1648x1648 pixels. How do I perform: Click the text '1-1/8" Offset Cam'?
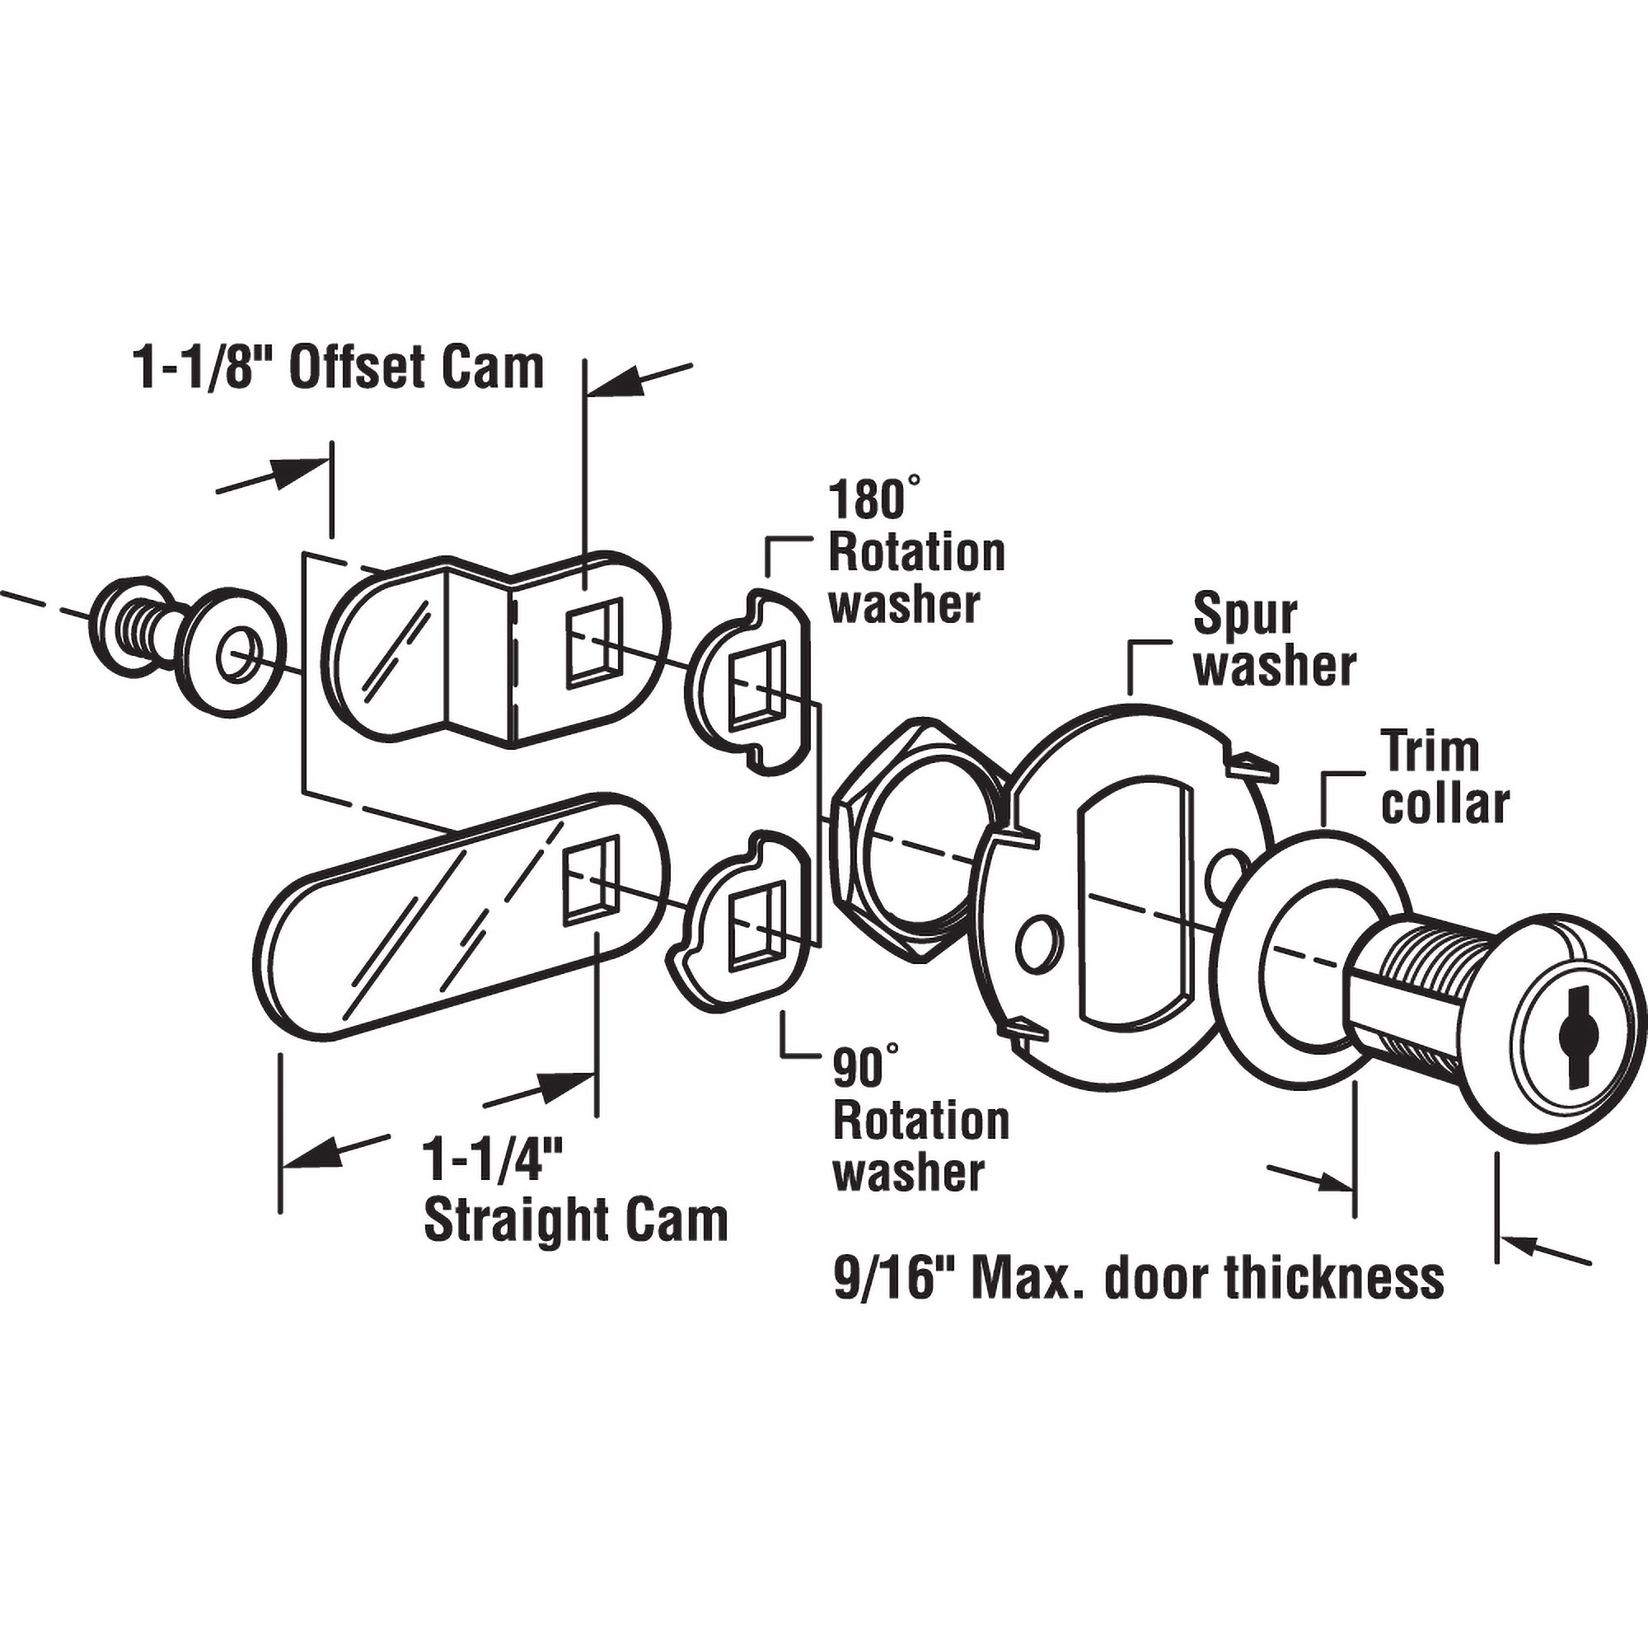point(339,368)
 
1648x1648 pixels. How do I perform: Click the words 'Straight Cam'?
point(576,1220)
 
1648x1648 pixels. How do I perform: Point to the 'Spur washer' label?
point(1274,639)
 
